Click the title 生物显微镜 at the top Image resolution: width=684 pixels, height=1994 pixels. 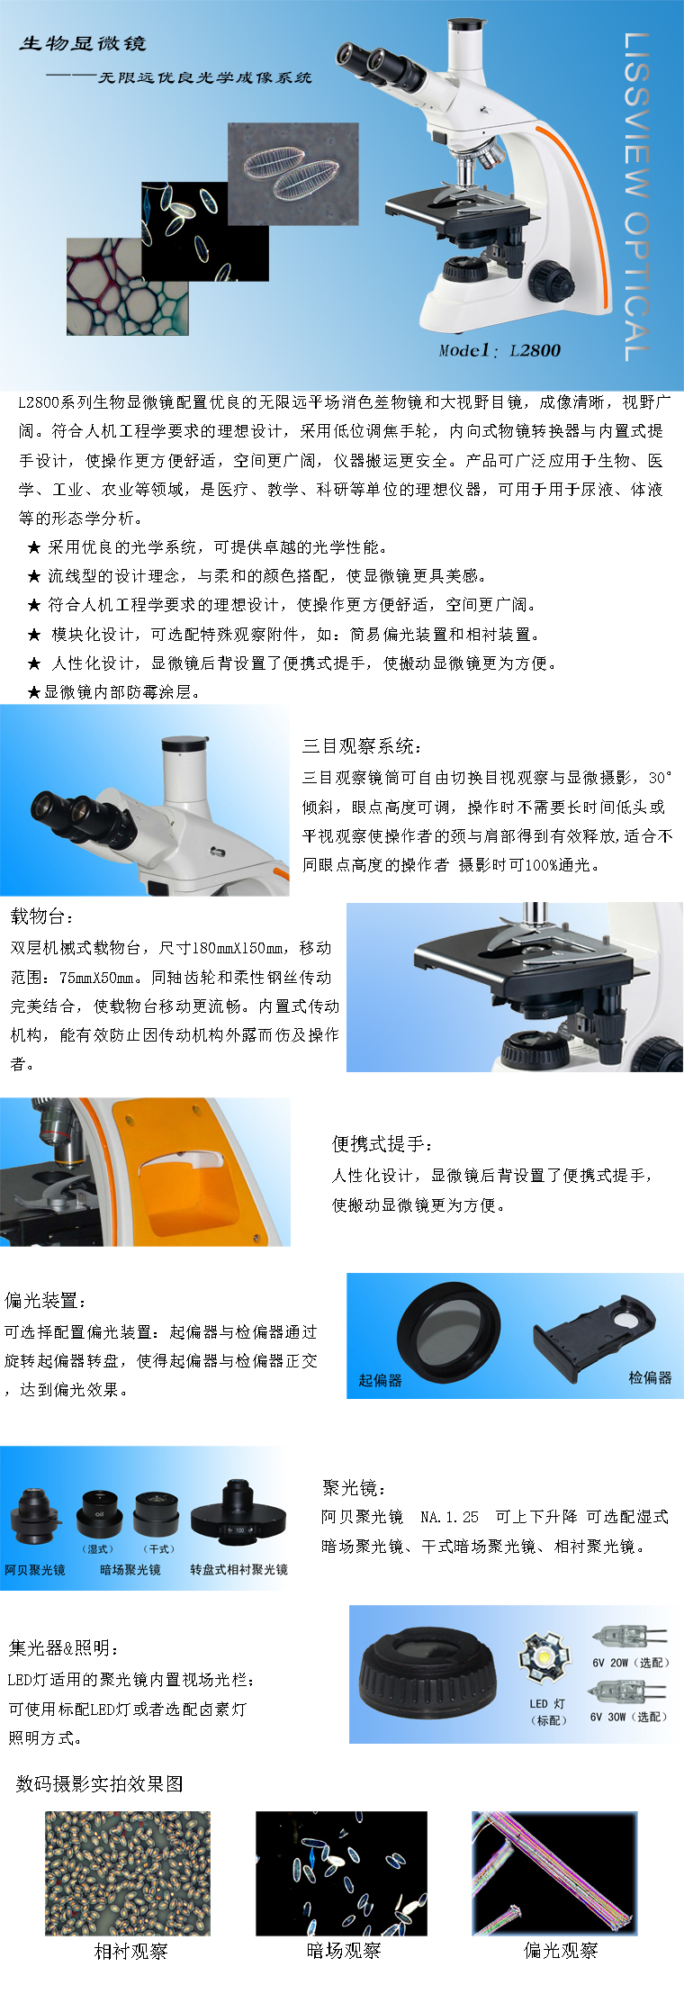pyautogui.click(x=83, y=43)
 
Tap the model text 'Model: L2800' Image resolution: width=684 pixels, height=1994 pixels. pyautogui.click(x=499, y=350)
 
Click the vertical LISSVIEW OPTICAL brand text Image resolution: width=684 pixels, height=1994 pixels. pyautogui.click(x=636, y=196)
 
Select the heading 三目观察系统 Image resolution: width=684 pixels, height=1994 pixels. pyautogui.click(x=362, y=745)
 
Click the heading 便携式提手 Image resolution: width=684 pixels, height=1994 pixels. pyautogui.click(x=382, y=1143)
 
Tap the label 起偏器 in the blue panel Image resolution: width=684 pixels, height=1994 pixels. pyautogui.click(x=380, y=1380)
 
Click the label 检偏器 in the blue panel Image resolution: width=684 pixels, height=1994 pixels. pyautogui.click(x=650, y=1377)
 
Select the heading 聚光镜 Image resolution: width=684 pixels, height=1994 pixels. pyautogui.click(x=355, y=1488)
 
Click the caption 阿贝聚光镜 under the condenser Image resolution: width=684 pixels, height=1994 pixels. pyautogui.click(x=35, y=1570)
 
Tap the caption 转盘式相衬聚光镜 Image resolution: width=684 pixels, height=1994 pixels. pyautogui.click(x=238, y=1570)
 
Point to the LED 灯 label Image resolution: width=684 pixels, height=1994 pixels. pyautogui.click(x=547, y=1704)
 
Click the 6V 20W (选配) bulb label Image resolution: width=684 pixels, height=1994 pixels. pyautogui.click(x=629, y=1663)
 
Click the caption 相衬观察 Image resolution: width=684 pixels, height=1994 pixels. pyautogui.click(x=131, y=1951)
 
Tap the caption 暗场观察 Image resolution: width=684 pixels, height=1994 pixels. pyautogui.click(x=344, y=1951)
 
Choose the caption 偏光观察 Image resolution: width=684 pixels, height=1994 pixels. pyautogui.click(x=561, y=1950)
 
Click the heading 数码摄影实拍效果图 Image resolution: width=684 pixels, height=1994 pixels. pyautogui.click(x=99, y=1783)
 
